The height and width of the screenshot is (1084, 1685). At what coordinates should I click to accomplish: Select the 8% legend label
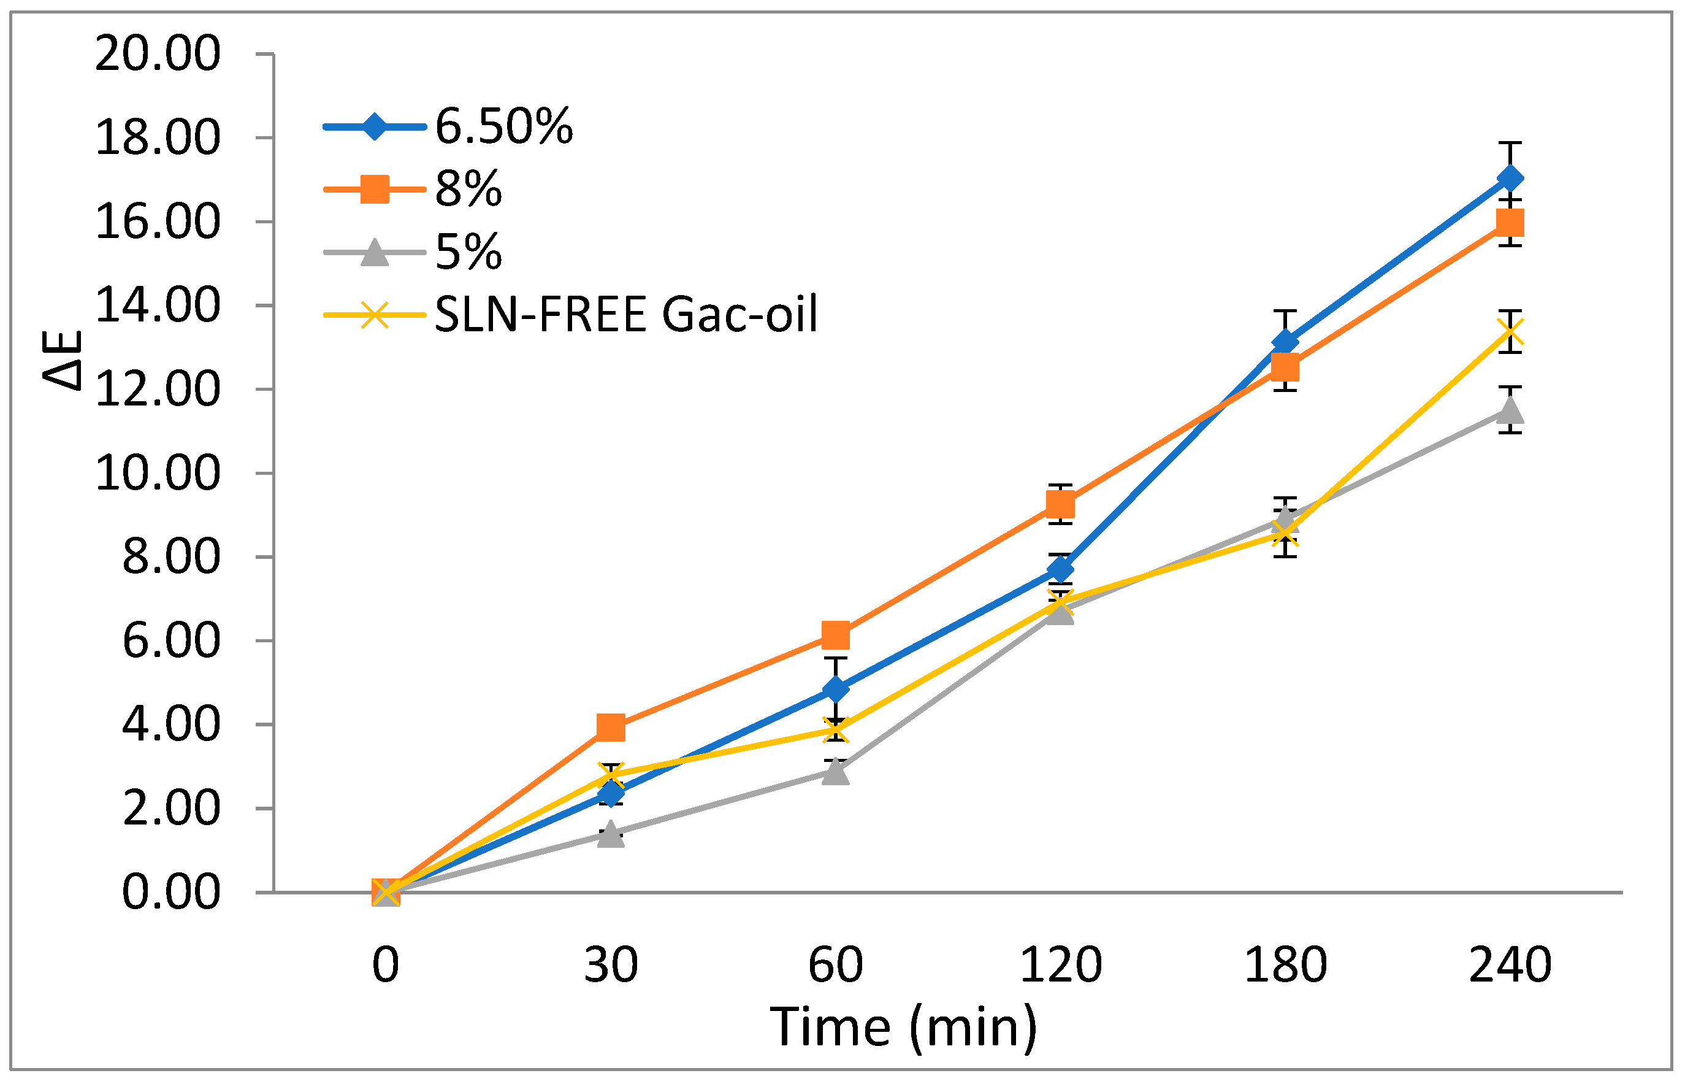point(468,189)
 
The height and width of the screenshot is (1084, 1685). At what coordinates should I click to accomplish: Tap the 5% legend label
point(468,252)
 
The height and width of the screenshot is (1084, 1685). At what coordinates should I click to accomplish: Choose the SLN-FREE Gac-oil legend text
point(626,314)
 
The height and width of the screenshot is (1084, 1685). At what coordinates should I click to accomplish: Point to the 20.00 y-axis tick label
point(158,53)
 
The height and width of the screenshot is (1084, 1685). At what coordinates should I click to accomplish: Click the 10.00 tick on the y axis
point(158,473)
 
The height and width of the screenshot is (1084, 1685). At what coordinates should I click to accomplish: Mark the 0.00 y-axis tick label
point(171,893)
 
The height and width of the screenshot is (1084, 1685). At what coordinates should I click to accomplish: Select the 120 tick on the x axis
point(1060,964)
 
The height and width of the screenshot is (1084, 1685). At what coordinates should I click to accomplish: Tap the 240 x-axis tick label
point(1510,964)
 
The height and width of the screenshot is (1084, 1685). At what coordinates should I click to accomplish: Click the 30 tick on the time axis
point(611,964)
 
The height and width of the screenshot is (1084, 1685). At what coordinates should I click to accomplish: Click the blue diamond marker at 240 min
point(1510,179)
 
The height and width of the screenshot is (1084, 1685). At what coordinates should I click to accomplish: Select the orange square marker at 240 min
point(1510,223)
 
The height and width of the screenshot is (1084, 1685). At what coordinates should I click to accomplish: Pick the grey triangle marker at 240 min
point(1510,410)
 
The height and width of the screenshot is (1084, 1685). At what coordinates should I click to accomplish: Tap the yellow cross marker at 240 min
point(1510,331)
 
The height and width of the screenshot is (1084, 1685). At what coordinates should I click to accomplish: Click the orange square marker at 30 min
point(611,727)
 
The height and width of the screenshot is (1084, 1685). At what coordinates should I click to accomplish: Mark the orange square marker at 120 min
point(1060,504)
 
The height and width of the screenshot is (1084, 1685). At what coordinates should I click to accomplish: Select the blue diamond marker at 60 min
point(835,689)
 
